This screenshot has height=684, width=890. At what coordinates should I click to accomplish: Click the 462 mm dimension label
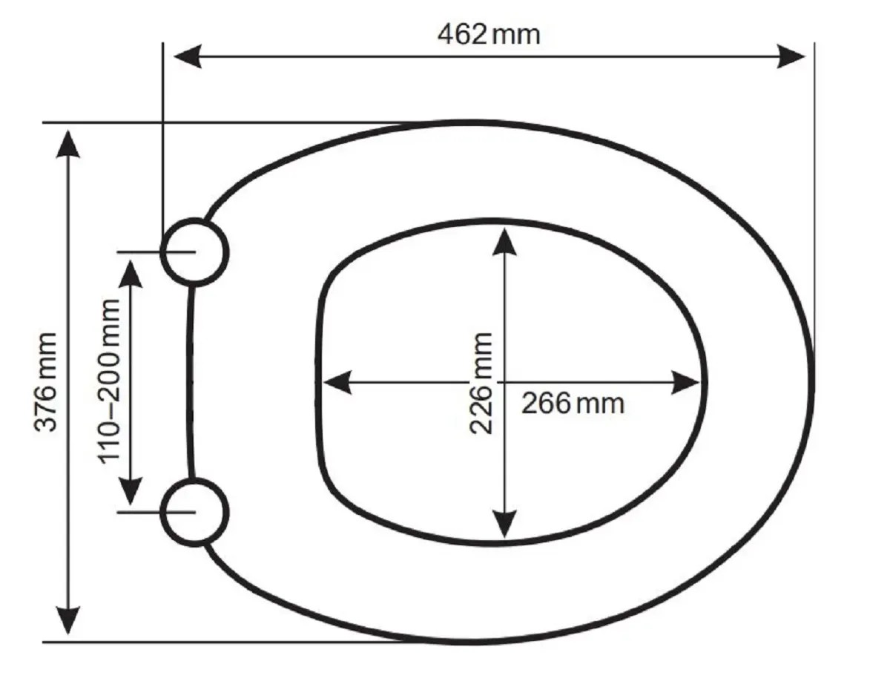pyautogui.click(x=489, y=34)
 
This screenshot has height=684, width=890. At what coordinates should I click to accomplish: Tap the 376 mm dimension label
pyautogui.click(x=45, y=382)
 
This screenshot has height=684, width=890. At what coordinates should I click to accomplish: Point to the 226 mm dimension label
pyautogui.click(x=481, y=383)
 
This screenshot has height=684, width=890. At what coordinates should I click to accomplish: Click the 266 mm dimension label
pyautogui.click(x=573, y=404)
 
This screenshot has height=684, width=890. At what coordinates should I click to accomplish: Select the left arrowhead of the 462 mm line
pyautogui.click(x=187, y=56)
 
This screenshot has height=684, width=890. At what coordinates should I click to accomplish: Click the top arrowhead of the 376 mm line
pyautogui.click(x=67, y=144)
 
